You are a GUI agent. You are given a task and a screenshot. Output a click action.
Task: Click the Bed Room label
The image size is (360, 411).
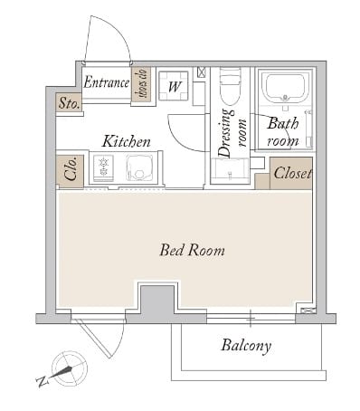[x=192, y=250]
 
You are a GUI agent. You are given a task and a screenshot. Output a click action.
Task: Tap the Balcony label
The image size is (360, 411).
[x=246, y=346]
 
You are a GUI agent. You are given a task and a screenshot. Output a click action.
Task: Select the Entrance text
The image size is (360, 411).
[x=107, y=82]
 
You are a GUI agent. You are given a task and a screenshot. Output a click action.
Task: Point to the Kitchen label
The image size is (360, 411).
[x=127, y=141]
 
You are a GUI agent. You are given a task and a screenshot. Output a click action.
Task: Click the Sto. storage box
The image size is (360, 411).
[x=70, y=102]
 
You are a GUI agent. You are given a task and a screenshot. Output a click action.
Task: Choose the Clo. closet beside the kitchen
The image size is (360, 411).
[x=70, y=171]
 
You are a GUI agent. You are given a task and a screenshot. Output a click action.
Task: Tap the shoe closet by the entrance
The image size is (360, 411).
[x=141, y=84]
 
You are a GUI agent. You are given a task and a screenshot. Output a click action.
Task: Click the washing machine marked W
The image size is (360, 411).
[x=174, y=86]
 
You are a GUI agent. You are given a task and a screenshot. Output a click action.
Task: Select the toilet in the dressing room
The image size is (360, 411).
[x=231, y=87]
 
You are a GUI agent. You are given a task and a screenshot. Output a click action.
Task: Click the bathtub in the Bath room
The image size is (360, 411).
[x=286, y=88]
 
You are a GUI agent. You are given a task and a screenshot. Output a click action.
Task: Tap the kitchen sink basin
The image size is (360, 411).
[x=139, y=168]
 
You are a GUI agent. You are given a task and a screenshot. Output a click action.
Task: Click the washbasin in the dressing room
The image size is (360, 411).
[x=230, y=171]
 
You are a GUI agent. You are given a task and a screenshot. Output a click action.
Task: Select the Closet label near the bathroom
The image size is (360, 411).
[x=292, y=173]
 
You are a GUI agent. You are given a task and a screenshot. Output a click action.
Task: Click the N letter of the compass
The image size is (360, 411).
[x=43, y=381]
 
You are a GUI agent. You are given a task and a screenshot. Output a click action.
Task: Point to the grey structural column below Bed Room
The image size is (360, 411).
[x=157, y=301]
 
